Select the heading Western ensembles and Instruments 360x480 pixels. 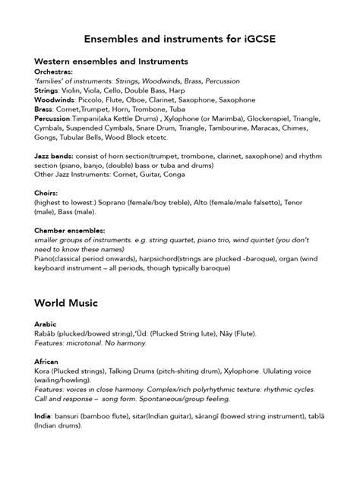click(111, 61)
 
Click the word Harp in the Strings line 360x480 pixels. click(174, 90)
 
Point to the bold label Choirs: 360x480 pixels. click(46, 193)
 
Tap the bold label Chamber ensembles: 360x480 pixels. click(69, 229)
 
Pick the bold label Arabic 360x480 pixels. click(45, 324)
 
